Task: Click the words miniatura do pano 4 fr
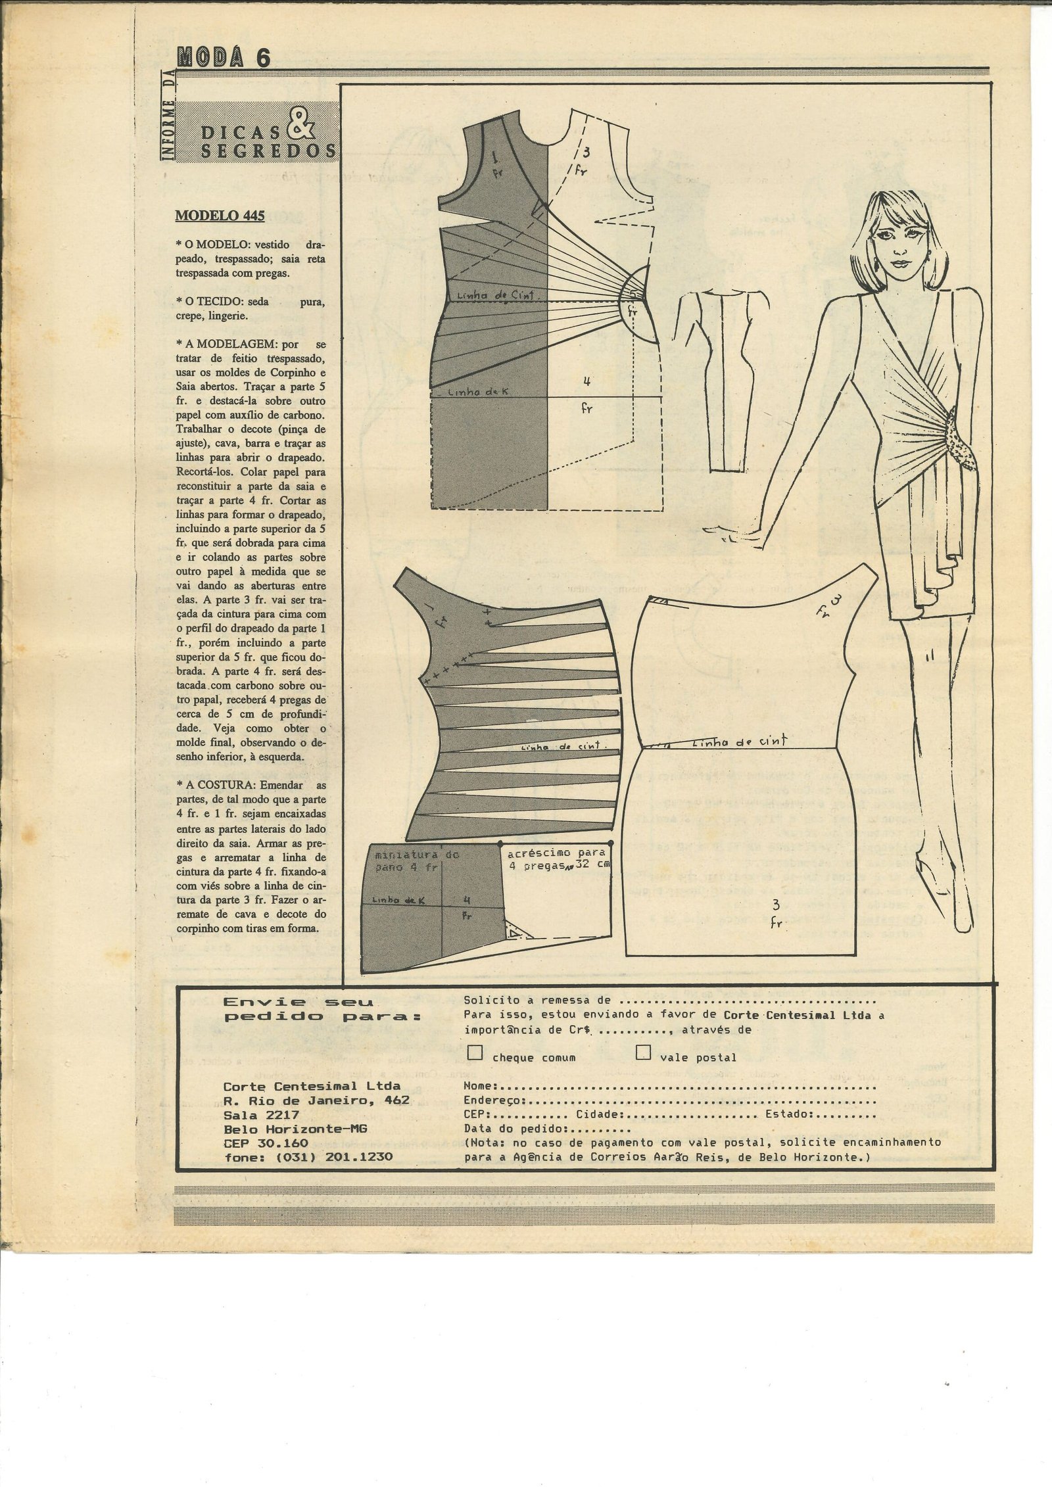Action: tap(407, 861)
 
